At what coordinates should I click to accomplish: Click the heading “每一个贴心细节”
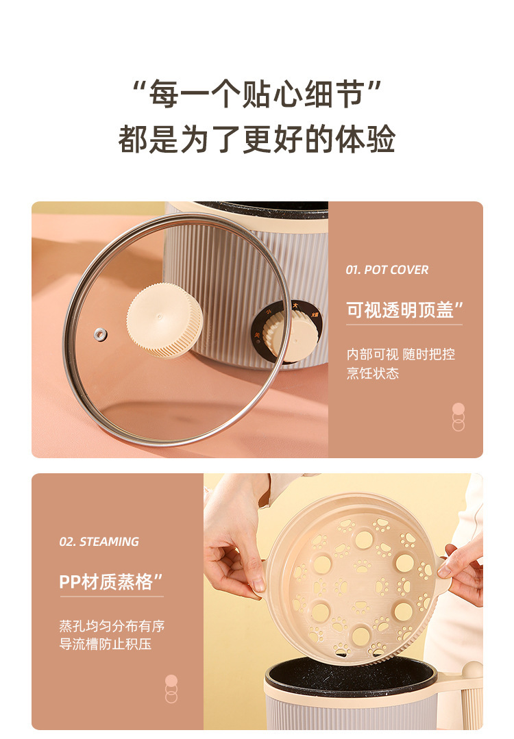click(x=257, y=94)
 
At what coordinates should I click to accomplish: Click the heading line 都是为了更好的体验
click(x=257, y=139)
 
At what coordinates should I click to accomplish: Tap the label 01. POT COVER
click(x=387, y=270)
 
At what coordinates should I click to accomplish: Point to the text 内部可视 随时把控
click(x=401, y=354)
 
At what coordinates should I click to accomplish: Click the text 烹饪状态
click(x=373, y=373)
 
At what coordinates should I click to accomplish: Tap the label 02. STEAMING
click(x=99, y=542)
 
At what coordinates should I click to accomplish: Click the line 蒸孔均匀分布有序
click(x=112, y=626)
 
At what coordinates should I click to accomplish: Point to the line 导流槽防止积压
click(x=105, y=644)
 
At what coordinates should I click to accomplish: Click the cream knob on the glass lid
click(x=164, y=320)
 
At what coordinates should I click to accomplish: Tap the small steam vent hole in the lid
click(x=100, y=334)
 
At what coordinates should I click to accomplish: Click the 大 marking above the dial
click(x=295, y=305)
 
